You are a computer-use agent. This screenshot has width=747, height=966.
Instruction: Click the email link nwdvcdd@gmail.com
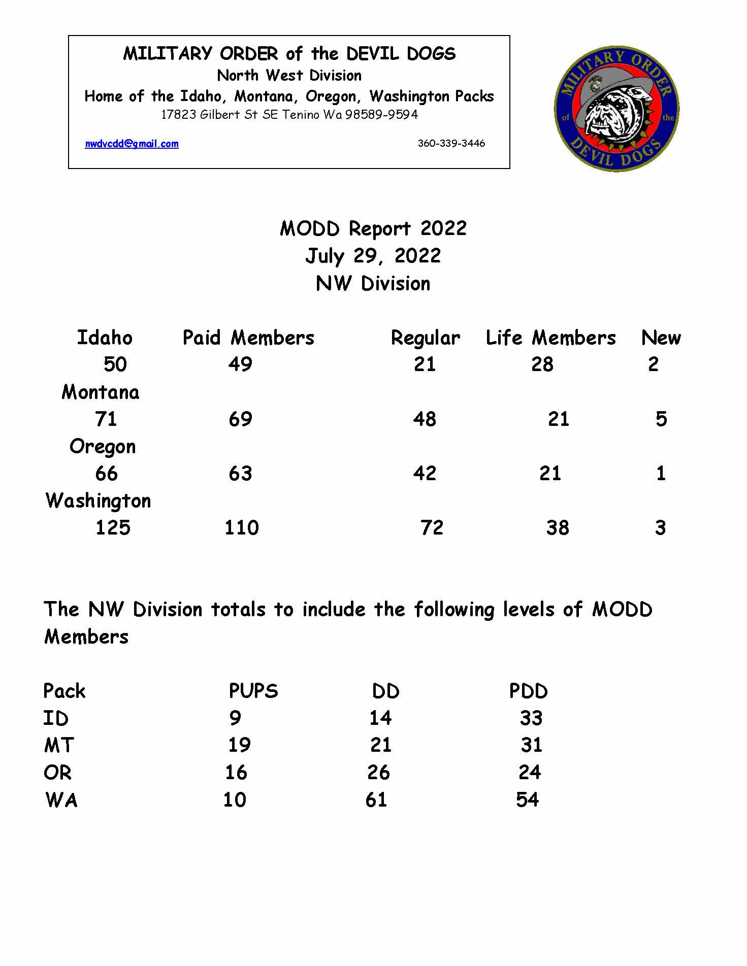pos(132,144)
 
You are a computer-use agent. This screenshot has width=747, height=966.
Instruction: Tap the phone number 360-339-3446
pos(451,143)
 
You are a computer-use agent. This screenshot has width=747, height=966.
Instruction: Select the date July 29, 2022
pos(373,255)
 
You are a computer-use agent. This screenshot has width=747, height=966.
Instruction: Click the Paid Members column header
pos(248,338)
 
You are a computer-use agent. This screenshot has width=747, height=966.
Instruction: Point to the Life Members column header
pos(550,338)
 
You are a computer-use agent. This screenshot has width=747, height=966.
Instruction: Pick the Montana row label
pos(100,392)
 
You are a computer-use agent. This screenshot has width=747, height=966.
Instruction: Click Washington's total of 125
pos(113,527)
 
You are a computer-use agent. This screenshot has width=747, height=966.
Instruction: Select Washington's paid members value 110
pos(242,527)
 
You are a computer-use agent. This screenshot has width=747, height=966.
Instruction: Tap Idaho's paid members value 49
pos(240,364)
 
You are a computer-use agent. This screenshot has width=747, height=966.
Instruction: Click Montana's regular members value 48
pos(425,419)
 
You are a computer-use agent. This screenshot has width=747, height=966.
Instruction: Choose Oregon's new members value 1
pos(660,473)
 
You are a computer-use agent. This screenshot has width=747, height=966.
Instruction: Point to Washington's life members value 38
pos(558,527)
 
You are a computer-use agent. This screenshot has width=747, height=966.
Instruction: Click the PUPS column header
pos(253,691)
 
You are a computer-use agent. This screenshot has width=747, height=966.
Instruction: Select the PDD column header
pos(528,691)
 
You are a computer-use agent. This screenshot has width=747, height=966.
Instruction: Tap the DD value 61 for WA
pos(376,800)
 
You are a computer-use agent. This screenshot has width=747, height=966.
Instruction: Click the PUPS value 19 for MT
pos(239,745)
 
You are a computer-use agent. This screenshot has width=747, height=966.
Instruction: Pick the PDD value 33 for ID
pos(531,718)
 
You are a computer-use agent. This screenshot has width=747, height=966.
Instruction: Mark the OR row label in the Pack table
pos(57,773)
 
